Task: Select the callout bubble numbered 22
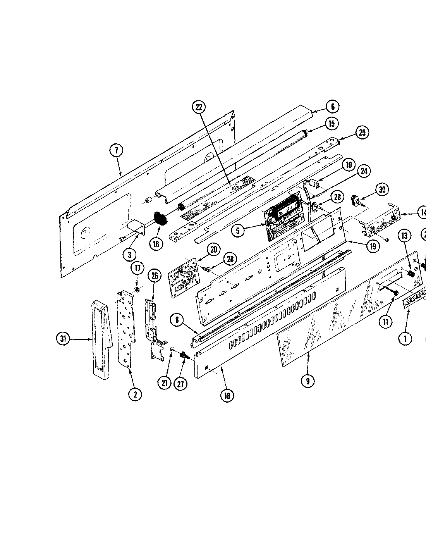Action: coord(199,107)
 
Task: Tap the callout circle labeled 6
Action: coord(332,106)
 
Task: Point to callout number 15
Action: coord(332,124)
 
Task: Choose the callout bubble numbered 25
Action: coord(362,133)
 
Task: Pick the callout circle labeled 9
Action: coord(307,381)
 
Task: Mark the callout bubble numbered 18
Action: coord(227,396)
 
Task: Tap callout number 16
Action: coord(156,244)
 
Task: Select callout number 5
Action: coord(238,231)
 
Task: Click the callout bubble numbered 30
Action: coord(383,189)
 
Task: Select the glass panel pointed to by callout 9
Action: coord(310,333)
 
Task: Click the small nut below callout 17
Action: coord(137,290)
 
